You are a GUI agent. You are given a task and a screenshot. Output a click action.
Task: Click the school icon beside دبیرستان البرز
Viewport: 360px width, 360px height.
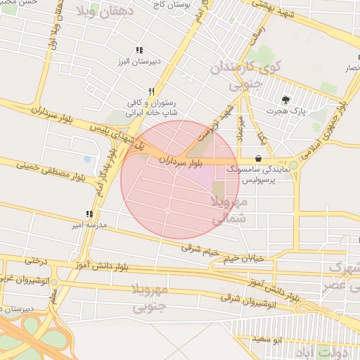point(139,51)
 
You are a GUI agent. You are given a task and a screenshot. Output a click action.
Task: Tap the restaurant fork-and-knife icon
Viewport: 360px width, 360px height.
point(151,91)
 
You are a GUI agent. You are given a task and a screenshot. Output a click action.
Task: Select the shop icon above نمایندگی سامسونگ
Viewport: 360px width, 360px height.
point(259,159)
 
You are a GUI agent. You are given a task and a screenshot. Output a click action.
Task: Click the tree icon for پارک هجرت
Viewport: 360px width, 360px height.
point(285,100)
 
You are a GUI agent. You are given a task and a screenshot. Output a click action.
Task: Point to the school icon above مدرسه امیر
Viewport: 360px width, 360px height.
point(89,214)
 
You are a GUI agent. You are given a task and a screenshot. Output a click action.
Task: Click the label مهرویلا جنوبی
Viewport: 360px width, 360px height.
point(150,297)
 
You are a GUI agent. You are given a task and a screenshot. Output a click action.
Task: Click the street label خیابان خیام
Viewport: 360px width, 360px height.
point(243,259)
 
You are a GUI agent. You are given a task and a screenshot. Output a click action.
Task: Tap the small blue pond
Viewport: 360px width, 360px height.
point(87,159)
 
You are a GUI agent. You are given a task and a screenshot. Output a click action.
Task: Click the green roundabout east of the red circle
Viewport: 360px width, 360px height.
point(293,165)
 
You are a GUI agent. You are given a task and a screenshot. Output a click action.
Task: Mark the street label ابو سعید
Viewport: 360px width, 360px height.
point(267,340)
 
